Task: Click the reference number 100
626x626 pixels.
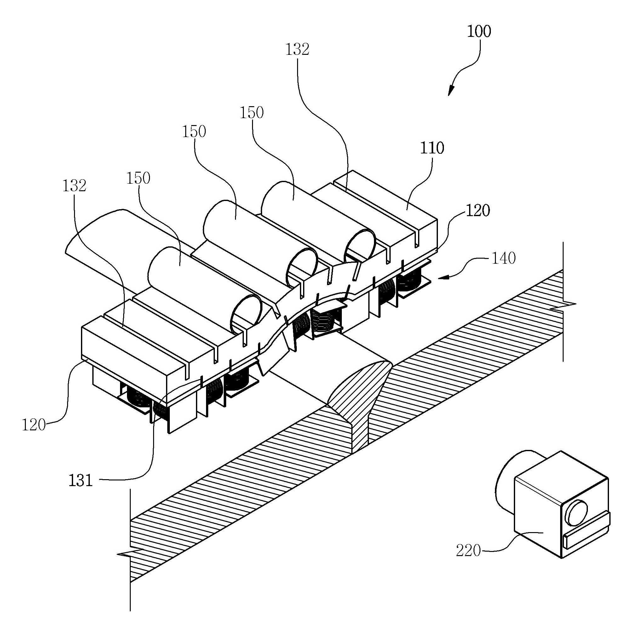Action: (x=479, y=32)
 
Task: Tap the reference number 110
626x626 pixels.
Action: (x=432, y=148)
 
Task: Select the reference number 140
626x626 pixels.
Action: (x=503, y=259)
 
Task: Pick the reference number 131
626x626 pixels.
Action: (x=81, y=480)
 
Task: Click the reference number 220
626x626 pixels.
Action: (x=468, y=550)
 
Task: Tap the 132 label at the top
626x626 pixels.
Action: (x=297, y=49)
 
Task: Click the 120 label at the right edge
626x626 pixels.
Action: (x=478, y=211)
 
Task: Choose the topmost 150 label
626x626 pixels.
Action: (x=251, y=113)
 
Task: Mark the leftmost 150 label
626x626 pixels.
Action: (x=138, y=178)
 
